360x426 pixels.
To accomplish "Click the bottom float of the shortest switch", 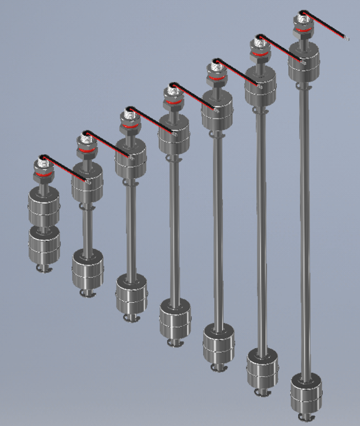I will point(44,244).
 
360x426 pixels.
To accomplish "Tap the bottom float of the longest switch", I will point(305,393).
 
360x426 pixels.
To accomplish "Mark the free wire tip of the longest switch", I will point(347,38).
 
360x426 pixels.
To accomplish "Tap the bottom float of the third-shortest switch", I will point(131,293).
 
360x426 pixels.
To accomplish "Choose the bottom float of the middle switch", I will point(175,318).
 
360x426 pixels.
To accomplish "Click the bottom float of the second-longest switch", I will point(262,368).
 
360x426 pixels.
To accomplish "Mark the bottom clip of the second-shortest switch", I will point(87,292).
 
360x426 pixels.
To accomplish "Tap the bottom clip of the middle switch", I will point(175,343).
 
